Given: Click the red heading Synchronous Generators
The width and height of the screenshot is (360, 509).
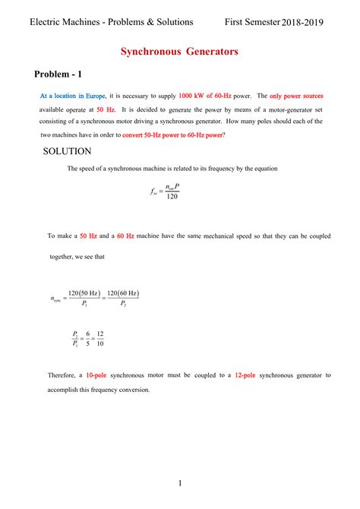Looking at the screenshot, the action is pos(179,52).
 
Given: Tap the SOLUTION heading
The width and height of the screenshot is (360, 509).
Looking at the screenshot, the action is pos(68,151).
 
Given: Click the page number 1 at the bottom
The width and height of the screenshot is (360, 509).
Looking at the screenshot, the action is pos(179,483).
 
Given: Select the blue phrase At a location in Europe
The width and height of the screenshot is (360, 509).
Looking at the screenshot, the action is pos(73,96).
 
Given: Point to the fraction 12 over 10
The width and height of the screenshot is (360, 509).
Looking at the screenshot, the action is pos(100,338).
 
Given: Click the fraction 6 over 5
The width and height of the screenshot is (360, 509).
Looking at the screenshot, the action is pos(87,338).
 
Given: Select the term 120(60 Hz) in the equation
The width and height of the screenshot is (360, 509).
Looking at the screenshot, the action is pos(122,294).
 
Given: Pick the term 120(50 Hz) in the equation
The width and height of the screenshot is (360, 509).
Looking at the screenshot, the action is pos(84,294).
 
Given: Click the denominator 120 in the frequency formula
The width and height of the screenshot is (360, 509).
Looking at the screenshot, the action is pos(172,197).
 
